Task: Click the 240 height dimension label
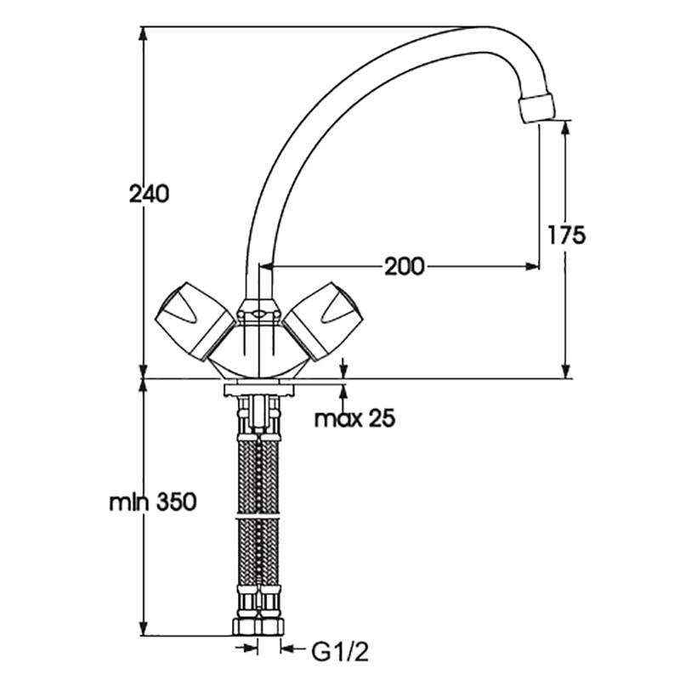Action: tap(149, 194)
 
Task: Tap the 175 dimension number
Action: tap(566, 235)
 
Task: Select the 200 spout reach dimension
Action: tap(405, 266)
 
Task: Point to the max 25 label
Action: tap(354, 418)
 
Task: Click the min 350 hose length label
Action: tap(153, 502)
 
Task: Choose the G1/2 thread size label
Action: tap(340, 652)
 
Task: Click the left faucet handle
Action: tap(195, 321)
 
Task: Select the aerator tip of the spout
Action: tap(538, 109)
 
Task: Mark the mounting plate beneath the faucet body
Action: tap(258, 388)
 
